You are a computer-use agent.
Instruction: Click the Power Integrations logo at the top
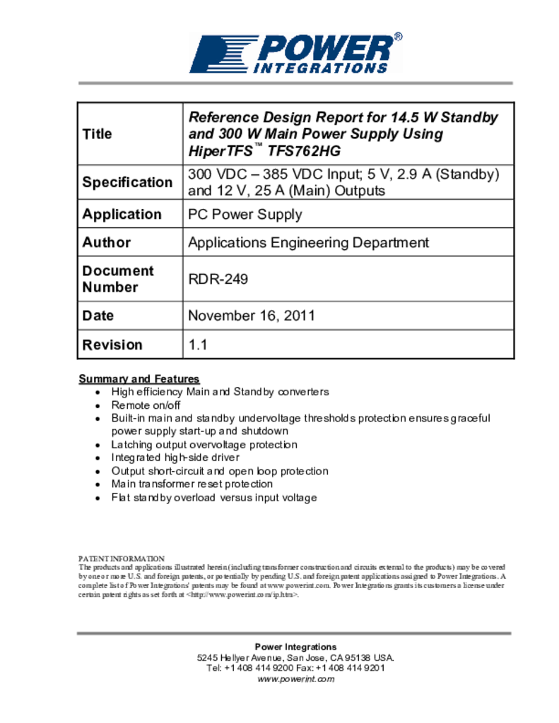pos(295,54)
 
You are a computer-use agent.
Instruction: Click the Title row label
pos(97,133)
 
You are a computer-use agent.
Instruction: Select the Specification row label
pos(127,182)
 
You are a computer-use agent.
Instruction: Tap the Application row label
pos(122,214)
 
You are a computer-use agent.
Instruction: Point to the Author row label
pos(107,242)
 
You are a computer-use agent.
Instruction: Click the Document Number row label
pos(117,279)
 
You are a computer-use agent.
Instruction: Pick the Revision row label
pos(112,345)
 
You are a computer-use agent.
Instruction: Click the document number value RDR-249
pos(218,279)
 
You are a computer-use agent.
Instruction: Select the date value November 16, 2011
pos(251,316)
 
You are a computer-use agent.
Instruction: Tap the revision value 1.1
pos(197,345)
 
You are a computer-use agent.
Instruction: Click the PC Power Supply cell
pos(245,214)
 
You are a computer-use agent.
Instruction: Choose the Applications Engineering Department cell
pos(308,242)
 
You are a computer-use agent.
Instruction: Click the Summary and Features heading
pos(139,378)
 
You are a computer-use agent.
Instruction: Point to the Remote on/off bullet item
pos(146,405)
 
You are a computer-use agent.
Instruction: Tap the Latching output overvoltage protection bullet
pos(204,445)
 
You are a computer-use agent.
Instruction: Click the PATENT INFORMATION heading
pos(121,558)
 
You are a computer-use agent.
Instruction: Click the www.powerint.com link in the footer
pos(295,679)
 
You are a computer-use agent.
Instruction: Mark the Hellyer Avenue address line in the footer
pos(295,657)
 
